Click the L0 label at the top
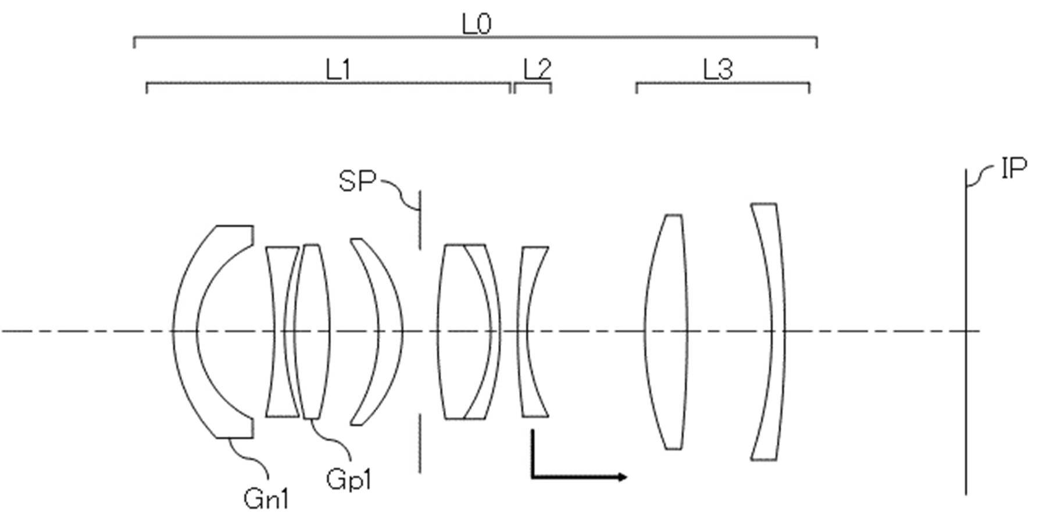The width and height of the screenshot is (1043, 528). [476, 25]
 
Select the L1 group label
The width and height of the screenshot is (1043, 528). [338, 70]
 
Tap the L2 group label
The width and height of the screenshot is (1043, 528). [537, 70]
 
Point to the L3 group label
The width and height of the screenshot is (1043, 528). [718, 70]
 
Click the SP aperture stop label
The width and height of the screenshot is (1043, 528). [357, 181]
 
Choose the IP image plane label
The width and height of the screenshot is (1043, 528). [1014, 169]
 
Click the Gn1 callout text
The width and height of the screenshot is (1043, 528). [266, 499]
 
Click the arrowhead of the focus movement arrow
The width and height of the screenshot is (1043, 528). [622, 477]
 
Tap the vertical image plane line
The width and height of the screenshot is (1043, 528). [966, 332]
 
